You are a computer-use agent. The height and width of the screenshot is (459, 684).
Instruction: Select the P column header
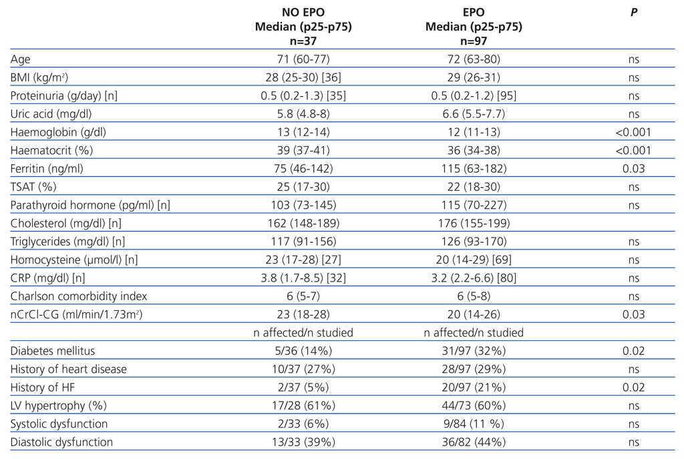coord(633,13)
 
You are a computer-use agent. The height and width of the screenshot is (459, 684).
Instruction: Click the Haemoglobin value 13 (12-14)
coord(303,132)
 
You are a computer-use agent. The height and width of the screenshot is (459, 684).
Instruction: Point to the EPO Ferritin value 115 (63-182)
coord(474,168)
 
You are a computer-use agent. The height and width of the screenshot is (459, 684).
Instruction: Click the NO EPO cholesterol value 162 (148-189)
coord(303,223)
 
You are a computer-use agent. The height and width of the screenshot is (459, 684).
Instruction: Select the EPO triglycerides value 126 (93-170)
coord(474,242)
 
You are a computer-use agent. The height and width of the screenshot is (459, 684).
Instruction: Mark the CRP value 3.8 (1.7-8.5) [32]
coord(303,278)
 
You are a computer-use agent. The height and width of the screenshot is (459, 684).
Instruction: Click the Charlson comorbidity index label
coord(79,296)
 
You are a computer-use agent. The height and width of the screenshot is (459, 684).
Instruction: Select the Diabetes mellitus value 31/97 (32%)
coord(474,351)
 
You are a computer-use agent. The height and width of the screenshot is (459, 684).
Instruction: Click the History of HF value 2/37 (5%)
coord(303,387)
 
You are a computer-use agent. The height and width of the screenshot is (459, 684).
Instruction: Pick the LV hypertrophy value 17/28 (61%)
coord(303,406)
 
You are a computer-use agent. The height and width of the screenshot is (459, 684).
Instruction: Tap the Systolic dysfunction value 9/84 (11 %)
coord(474,424)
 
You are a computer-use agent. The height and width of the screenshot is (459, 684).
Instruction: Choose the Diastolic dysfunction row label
coord(62,442)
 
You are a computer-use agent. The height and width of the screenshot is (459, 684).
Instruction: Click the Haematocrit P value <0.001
coord(633,150)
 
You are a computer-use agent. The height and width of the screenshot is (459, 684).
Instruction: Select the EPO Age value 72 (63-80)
coord(474,59)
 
